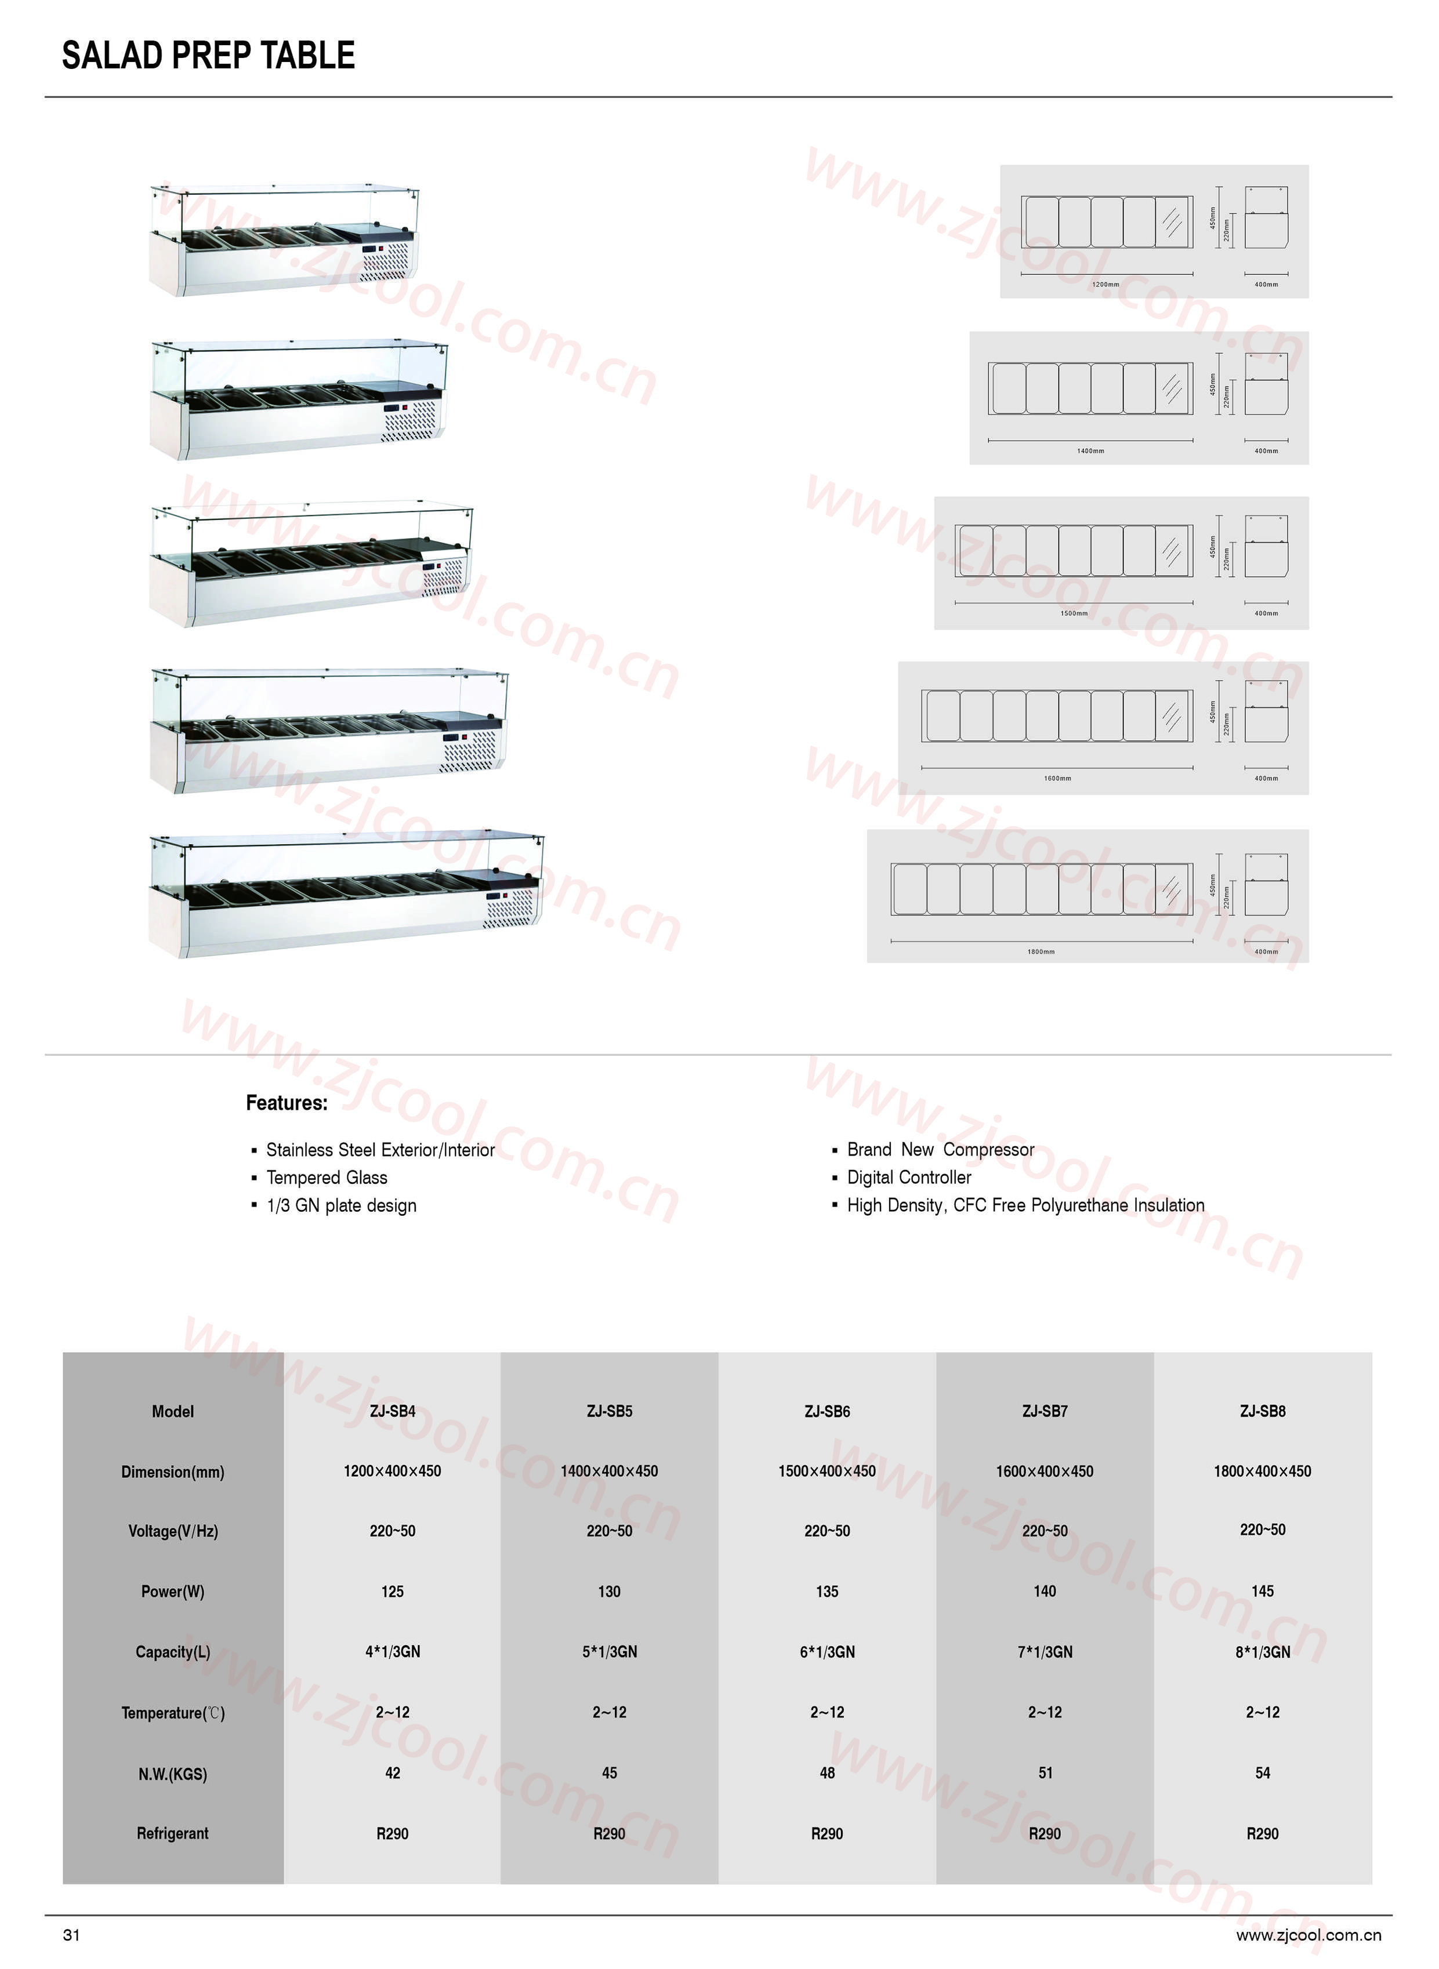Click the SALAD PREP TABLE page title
tap(208, 56)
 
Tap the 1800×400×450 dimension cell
tap(1262, 1471)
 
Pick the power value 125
tap(392, 1591)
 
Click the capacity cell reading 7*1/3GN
tap(1045, 1651)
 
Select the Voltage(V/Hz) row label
tap(172, 1531)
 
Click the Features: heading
tap(287, 1103)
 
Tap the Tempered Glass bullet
tap(327, 1178)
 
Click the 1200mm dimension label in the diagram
tap(1105, 285)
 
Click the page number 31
tap(71, 1935)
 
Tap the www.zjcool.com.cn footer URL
tap(1308, 1935)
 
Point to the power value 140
tap(1045, 1591)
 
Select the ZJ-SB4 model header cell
tap(392, 1411)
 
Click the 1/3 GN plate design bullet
tap(342, 1205)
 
